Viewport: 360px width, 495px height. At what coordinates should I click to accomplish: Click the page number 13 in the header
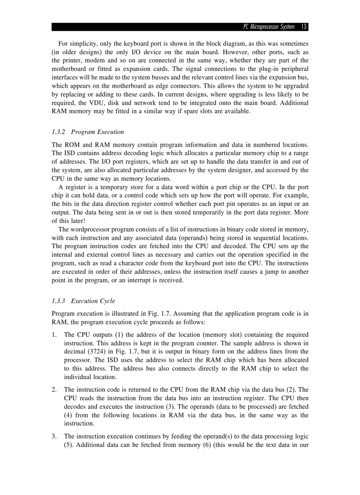pos(304,27)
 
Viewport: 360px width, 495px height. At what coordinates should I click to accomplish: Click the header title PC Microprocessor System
pos(269,27)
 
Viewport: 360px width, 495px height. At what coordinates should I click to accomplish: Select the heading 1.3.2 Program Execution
pos(88,132)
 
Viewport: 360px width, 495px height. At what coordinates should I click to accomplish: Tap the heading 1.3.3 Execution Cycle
pos(83,301)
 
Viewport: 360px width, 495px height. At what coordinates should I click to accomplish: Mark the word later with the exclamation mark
pos(76,221)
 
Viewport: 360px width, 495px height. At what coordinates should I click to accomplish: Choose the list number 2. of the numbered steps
pos(54,390)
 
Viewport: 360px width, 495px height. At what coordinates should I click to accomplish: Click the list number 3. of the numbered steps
pos(54,436)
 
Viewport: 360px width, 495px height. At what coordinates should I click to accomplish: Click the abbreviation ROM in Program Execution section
pos(71,145)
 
